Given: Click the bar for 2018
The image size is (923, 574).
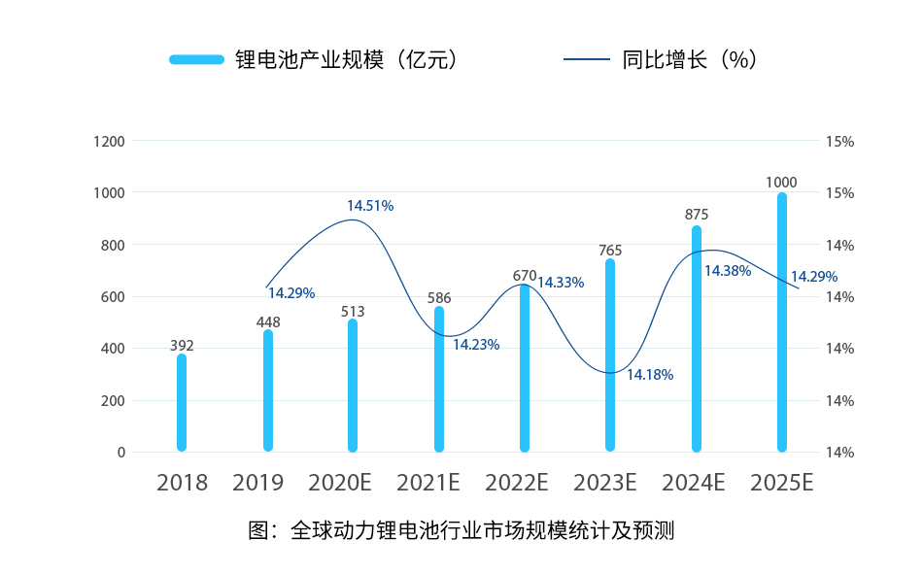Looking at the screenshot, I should [182, 403].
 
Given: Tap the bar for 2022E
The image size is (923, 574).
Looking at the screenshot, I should [525, 368].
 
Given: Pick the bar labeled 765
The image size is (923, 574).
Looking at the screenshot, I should [610, 355].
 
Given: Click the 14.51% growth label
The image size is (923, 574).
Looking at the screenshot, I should [370, 206].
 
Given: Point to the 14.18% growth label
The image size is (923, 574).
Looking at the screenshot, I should [650, 374].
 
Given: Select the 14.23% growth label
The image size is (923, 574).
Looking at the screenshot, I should [476, 345].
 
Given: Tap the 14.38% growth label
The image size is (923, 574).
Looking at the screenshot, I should [728, 271].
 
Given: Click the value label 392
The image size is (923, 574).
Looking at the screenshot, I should [182, 345].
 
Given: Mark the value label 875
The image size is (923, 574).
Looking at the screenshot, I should [697, 215].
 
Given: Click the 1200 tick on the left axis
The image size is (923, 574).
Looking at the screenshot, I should [110, 141].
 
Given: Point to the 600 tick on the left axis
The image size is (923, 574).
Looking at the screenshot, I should [114, 297].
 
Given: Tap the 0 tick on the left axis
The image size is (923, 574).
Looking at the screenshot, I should [121, 453].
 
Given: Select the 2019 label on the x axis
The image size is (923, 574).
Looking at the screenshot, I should [257, 483].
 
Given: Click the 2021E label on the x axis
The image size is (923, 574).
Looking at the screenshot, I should [428, 483].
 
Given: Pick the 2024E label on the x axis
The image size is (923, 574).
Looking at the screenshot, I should [694, 483].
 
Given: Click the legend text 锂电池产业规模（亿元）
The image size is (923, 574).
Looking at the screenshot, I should [346, 59].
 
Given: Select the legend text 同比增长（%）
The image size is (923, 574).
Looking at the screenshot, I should [689, 59].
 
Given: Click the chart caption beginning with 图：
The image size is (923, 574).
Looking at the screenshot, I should [461, 531].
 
